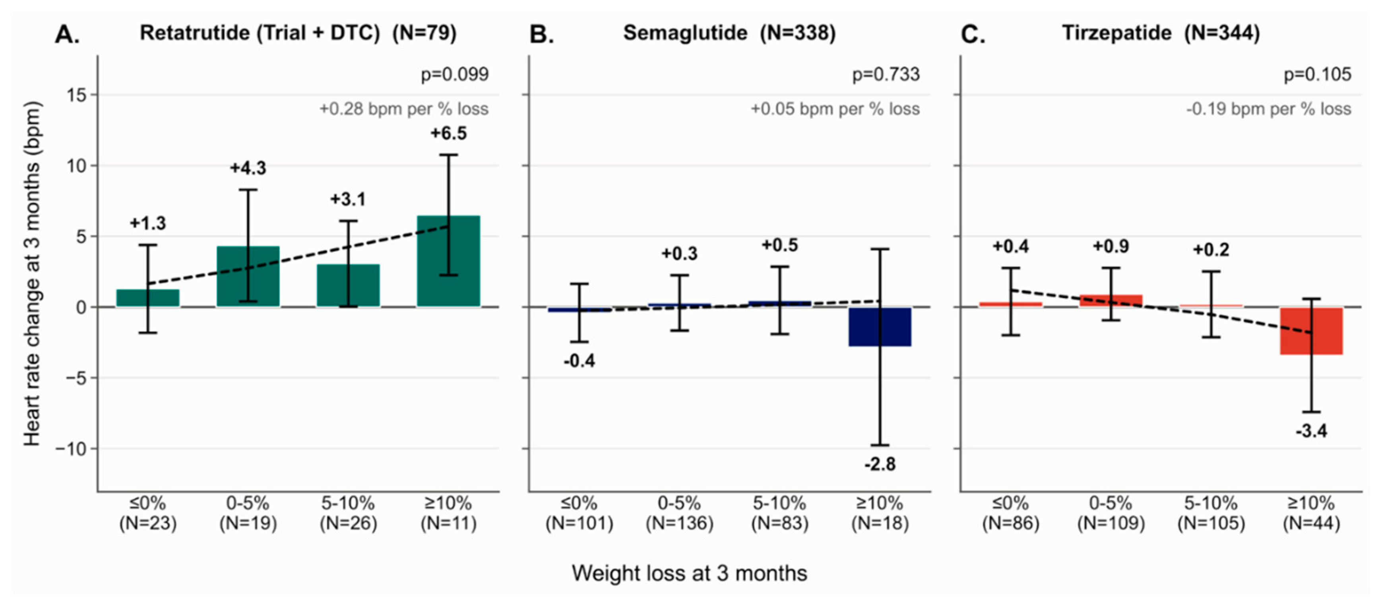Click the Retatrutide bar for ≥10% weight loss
pos(448,261)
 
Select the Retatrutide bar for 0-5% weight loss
pos(248,277)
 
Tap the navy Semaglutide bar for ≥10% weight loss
pos(880,326)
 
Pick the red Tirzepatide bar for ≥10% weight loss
pos(1311,331)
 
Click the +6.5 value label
pos(448,133)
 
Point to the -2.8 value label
pos(880,464)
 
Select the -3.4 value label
pos(1311,430)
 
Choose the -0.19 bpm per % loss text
pos(1268,109)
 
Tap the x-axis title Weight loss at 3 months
pos(689,573)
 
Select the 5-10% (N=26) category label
pos(348,513)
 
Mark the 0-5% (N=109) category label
pos(1111,513)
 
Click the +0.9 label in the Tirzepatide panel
pos(1111,246)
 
